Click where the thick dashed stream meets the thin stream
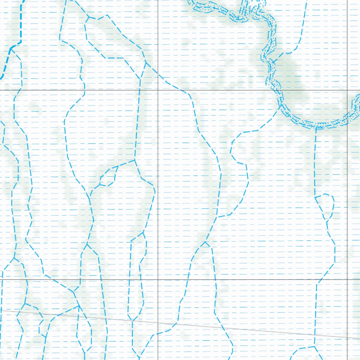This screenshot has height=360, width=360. pyautogui.click(x=12, y=47)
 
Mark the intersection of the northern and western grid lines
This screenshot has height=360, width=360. pyautogui.click(x=158, y=90)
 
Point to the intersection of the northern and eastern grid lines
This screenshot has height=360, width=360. pyautogui.click(x=347, y=90)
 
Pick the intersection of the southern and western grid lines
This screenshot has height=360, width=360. pyautogui.click(x=158, y=279)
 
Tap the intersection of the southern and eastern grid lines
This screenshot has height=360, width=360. pyautogui.click(x=347, y=279)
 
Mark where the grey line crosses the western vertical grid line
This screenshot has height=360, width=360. pyautogui.click(x=158, y=323)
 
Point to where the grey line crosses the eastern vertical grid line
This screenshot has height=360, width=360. pyautogui.click(x=347, y=338)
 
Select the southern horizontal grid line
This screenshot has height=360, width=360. pyautogui.click(x=246, y=279)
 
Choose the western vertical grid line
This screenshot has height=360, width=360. pyautogui.click(x=158, y=211)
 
